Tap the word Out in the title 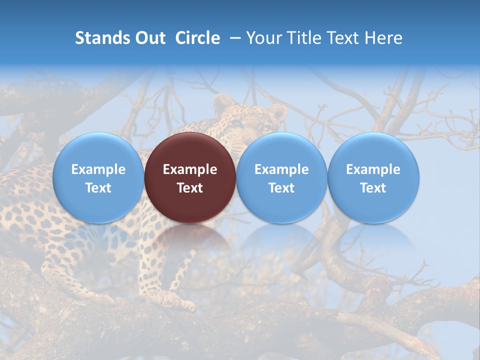pyautogui.click(x=149, y=38)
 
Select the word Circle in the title pyautogui.click(x=197, y=38)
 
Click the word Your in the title pyautogui.click(x=262, y=38)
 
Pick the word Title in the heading pyautogui.click(x=299, y=38)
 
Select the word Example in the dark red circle pyautogui.click(x=190, y=169)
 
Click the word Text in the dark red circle pyautogui.click(x=190, y=188)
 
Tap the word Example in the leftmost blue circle pyautogui.click(x=98, y=169)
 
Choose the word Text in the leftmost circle pyautogui.click(x=98, y=188)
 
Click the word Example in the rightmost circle pyautogui.click(x=373, y=169)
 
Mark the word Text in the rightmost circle pyautogui.click(x=373, y=188)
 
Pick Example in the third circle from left pyautogui.click(x=281, y=169)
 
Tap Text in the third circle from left pyautogui.click(x=281, y=188)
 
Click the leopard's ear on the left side pyautogui.click(x=223, y=102)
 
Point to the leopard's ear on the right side pyautogui.click(x=277, y=111)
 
